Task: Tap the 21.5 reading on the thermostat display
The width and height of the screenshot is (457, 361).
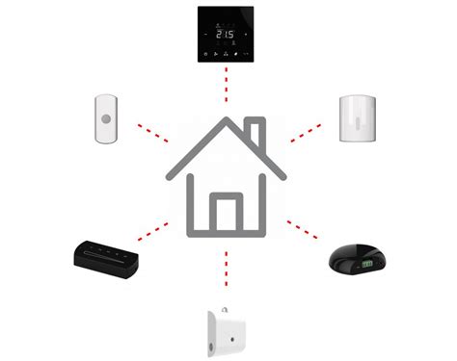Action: tap(225, 35)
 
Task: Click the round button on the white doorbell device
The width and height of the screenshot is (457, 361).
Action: tap(106, 119)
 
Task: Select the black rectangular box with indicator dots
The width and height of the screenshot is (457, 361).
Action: tap(107, 253)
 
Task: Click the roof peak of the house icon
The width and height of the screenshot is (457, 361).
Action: tap(228, 121)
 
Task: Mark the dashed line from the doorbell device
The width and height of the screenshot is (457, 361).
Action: tap(152, 131)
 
